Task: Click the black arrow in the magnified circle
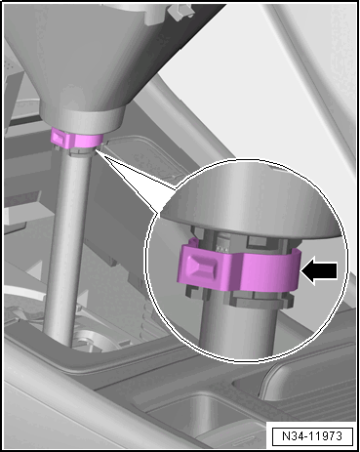click(320, 270)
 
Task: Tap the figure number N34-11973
click(312, 435)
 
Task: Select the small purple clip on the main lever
click(76, 139)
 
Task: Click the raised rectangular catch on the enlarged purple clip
click(203, 265)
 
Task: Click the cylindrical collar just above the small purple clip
click(83, 119)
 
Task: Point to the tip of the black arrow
click(302, 270)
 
